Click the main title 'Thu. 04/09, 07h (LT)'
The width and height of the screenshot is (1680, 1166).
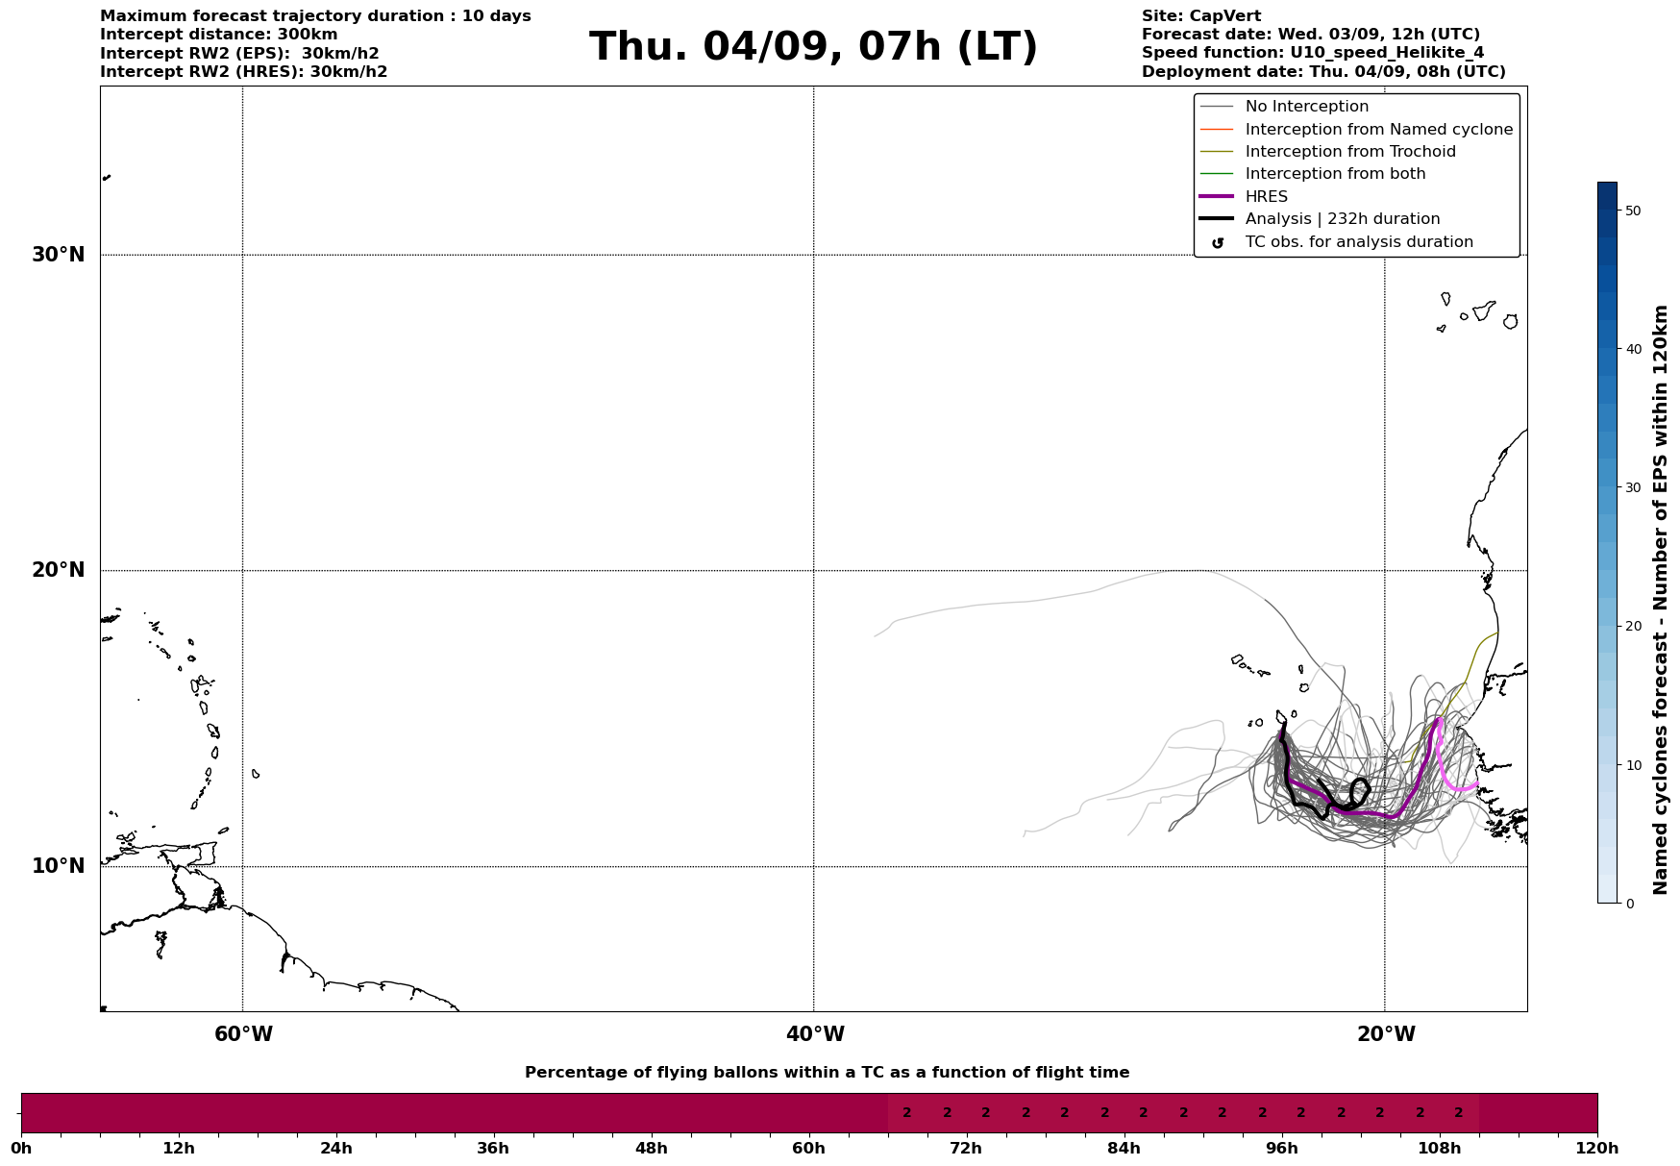tap(813, 46)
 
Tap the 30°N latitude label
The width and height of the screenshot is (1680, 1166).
tap(59, 255)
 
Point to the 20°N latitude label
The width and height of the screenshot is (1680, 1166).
tap(59, 570)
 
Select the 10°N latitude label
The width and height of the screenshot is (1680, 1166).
tap(59, 866)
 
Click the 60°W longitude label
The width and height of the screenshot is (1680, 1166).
tap(243, 1034)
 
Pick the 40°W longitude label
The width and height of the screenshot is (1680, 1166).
tap(815, 1034)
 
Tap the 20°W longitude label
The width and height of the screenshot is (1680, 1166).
tap(1386, 1034)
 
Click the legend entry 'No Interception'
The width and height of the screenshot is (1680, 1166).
tap(1306, 107)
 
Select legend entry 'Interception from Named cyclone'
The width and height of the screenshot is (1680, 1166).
tap(1378, 130)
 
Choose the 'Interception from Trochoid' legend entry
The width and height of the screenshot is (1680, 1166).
tap(1349, 152)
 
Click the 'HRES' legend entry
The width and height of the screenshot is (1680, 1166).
tap(1266, 197)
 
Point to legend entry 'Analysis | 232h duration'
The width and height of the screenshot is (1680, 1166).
tap(1342, 219)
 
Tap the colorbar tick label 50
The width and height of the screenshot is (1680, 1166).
tap(1632, 211)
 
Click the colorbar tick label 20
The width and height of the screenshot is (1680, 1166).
tap(1632, 627)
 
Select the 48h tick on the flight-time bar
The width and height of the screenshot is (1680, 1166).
tap(651, 1148)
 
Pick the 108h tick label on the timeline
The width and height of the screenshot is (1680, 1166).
tap(1439, 1148)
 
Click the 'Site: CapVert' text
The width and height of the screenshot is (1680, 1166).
tap(1200, 16)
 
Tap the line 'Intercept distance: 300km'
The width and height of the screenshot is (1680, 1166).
tap(218, 35)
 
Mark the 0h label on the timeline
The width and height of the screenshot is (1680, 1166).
tap(21, 1148)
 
